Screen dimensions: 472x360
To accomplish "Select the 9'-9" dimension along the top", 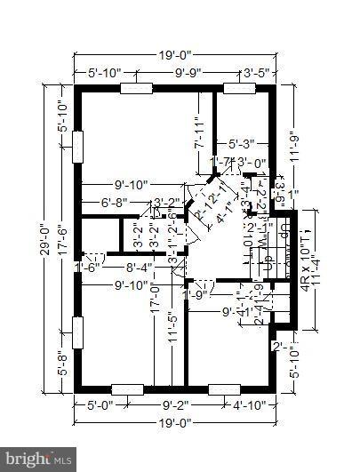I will tap(186, 73).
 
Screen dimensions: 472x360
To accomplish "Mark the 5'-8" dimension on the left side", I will tap(60, 364).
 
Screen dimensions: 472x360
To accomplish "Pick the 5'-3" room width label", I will tap(242, 142).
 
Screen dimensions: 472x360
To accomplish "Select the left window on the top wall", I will tap(137, 89).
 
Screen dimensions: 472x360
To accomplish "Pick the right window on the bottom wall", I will tap(224, 388).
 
